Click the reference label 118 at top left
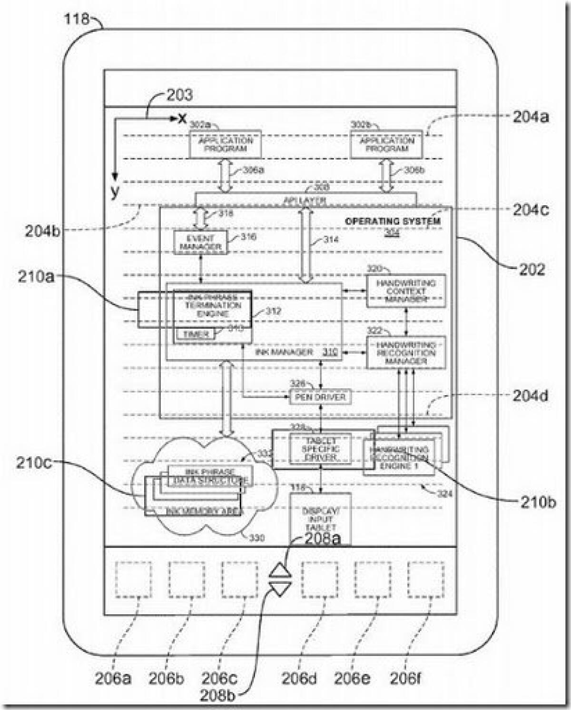click(x=76, y=19)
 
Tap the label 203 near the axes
click(x=179, y=95)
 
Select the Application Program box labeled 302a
click(x=225, y=144)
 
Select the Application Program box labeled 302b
click(x=386, y=144)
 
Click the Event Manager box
click(x=200, y=242)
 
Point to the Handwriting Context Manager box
click(x=406, y=291)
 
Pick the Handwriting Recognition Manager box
click(x=406, y=353)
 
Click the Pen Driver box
click(x=320, y=397)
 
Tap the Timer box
click(x=196, y=335)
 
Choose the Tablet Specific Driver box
click(x=320, y=449)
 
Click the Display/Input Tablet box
click(x=320, y=519)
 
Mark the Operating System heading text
click(x=393, y=221)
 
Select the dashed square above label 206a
click(x=133, y=580)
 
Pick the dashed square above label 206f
click(x=426, y=580)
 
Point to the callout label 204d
click(x=530, y=396)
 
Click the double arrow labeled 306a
click(x=224, y=175)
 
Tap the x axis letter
click(x=182, y=118)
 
